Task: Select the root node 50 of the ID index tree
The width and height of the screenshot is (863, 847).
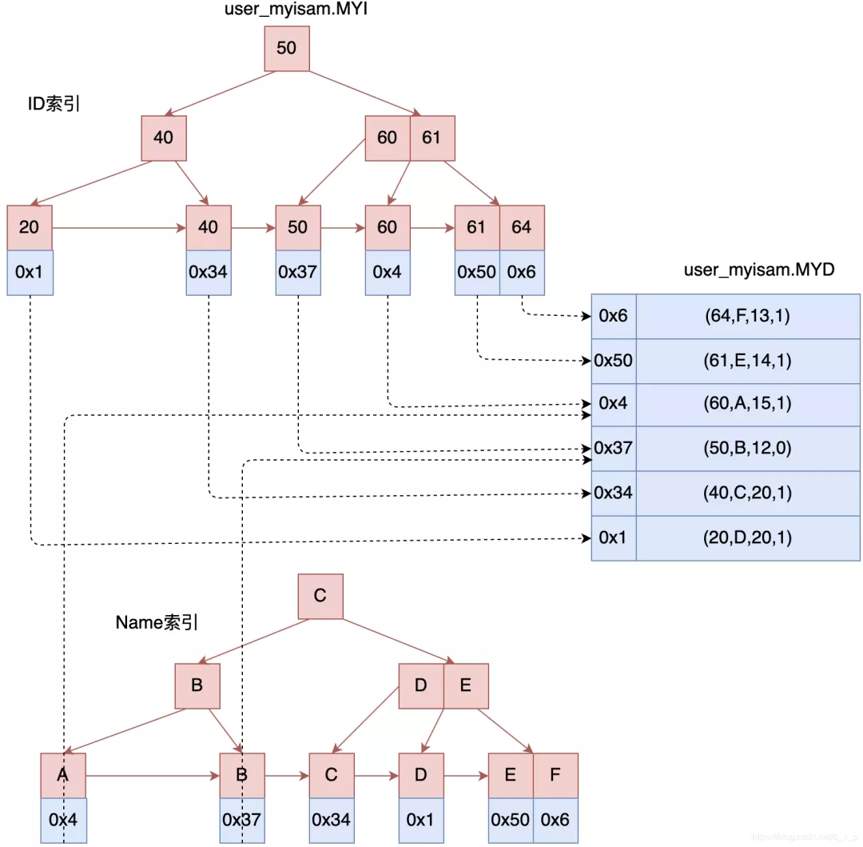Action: click(x=286, y=48)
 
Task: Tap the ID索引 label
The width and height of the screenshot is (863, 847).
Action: click(x=54, y=105)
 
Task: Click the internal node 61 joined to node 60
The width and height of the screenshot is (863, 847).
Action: click(x=431, y=138)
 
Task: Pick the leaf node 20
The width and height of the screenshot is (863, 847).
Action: click(x=30, y=227)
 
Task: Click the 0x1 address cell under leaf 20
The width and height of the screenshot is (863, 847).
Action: click(x=30, y=272)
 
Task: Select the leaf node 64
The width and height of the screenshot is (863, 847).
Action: click(x=521, y=227)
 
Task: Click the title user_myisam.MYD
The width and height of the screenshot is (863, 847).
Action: click(x=758, y=270)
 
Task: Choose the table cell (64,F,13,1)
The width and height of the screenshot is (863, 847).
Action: click(x=747, y=316)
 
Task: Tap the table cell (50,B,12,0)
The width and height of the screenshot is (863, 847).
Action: click(x=747, y=448)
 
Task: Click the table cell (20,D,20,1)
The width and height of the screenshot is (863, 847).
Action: click(x=747, y=537)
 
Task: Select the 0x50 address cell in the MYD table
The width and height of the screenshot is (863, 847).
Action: click(x=613, y=361)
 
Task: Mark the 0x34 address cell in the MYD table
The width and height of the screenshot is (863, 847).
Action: click(x=613, y=493)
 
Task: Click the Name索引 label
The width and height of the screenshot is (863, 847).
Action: click(x=157, y=622)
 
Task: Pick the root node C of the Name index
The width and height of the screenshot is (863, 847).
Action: click(x=320, y=596)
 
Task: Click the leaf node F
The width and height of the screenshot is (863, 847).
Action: click(x=555, y=775)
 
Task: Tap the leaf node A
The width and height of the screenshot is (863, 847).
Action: click(x=62, y=775)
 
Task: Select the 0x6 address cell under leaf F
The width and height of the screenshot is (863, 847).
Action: click(x=555, y=820)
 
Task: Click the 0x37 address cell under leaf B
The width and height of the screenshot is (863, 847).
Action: click(x=242, y=820)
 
